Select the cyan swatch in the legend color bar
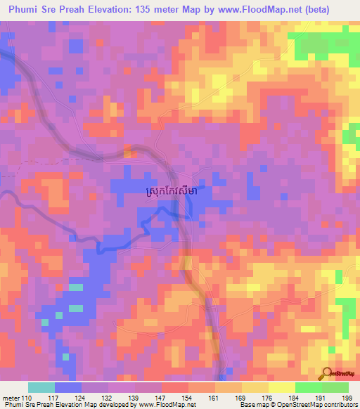tap(41, 387)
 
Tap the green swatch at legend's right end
tap(335, 387)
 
